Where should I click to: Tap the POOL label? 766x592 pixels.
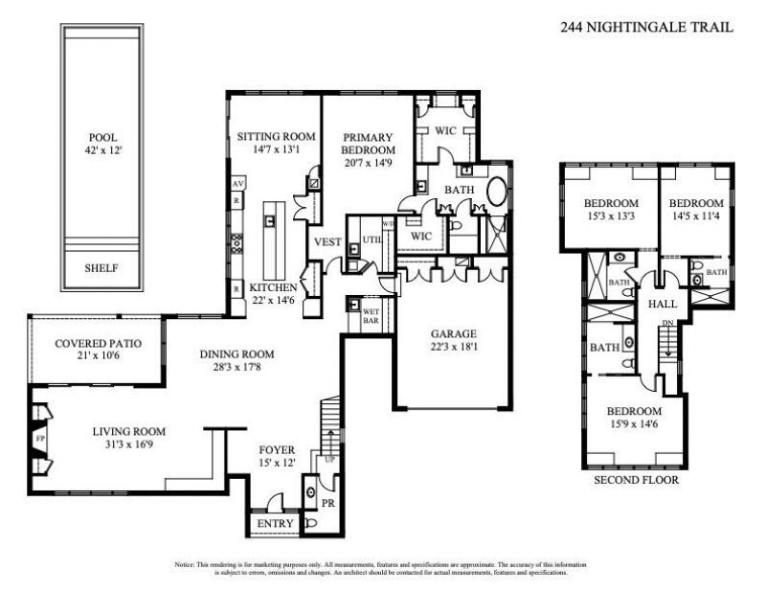(102, 137)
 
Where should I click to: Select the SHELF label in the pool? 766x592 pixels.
(102, 268)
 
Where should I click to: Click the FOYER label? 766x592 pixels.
(278, 449)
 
